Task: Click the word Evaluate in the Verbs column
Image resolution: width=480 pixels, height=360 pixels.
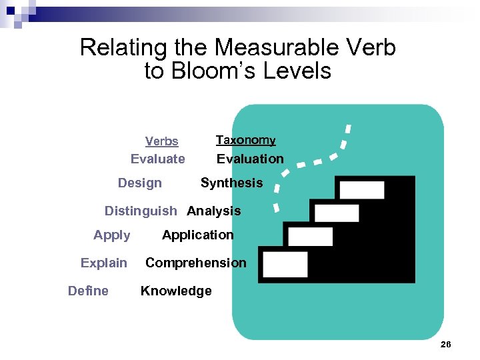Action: coord(157,159)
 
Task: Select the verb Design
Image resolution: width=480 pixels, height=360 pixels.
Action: coord(139,183)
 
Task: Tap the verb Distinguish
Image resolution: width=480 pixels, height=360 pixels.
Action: coord(141,211)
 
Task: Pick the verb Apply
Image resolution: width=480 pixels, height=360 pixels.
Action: coord(112,235)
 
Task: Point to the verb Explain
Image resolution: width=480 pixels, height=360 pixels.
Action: coord(103,263)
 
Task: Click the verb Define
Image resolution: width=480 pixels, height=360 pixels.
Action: coord(88,291)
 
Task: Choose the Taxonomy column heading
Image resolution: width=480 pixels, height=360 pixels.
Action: coord(245,140)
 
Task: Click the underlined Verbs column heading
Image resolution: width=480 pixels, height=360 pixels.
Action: coord(162,141)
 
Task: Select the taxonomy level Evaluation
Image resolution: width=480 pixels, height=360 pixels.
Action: coord(250,159)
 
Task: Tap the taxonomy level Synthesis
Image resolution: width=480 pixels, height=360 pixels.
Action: coord(231,183)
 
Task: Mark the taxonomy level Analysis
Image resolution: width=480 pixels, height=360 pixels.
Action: coord(214,211)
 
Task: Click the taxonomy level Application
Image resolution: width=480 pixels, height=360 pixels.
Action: coord(198,235)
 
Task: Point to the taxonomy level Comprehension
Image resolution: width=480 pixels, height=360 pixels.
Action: coord(195,263)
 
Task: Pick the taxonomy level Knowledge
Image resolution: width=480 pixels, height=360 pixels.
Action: coord(176,291)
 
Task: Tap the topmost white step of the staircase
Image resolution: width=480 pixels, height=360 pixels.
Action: coord(361,190)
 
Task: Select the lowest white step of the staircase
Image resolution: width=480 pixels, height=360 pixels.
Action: coord(285,265)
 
